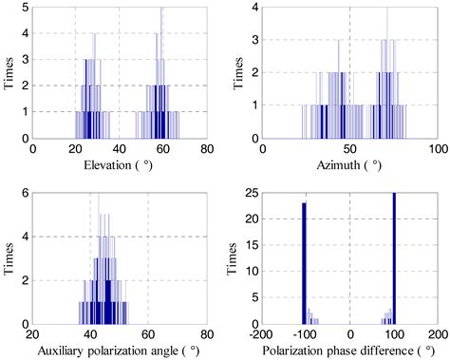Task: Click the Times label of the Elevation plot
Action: [x=9, y=72]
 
